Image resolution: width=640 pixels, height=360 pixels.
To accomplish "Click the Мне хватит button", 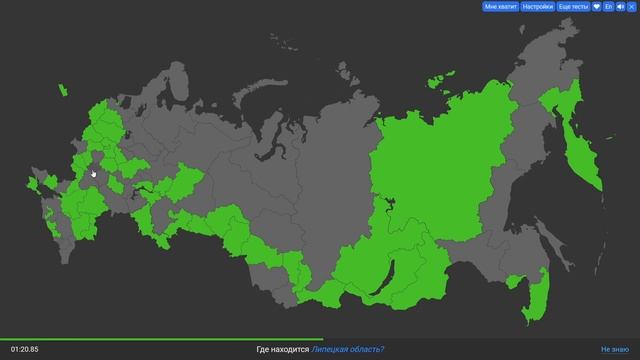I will pos(501,6).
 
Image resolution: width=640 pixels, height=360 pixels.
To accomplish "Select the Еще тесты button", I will pos(574,6).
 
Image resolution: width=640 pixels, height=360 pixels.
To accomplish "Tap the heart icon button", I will pos(597,6).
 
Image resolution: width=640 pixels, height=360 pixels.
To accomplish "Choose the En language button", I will pos(609,6).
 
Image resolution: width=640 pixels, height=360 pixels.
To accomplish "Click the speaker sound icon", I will pos(620,6).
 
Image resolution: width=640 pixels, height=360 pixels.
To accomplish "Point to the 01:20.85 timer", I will pos(24,349).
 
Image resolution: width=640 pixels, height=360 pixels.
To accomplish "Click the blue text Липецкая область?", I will pos(347,349).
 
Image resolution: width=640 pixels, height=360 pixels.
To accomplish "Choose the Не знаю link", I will pos(614,349).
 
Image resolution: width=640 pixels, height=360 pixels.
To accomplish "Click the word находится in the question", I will pos(291,349).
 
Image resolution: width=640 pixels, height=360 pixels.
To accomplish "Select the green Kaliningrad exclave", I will pos(62,90).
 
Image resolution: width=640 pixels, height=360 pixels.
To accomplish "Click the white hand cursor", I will pos(94,173).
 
